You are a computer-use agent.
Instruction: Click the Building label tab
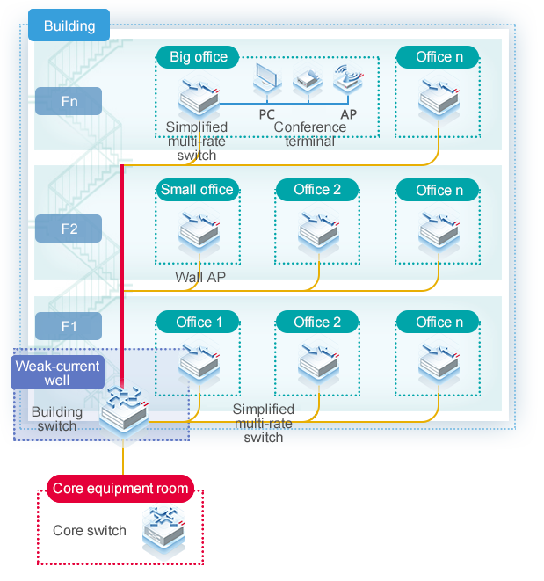[x=69, y=25]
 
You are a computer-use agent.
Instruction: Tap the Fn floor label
[x=69, y=101]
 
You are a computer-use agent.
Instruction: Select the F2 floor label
[x=69, y=229]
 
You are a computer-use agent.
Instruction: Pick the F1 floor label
[x=69, y=327]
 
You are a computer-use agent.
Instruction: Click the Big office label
[x=198, y=57]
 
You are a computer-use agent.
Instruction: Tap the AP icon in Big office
[x=346, y=80]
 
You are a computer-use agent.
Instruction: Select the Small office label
[x=197, y=190]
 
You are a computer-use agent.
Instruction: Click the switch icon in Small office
[x=198, y=230]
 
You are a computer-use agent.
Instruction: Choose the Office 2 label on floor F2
[x=317, y=190]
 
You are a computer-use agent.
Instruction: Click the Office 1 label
[x=199, y=322]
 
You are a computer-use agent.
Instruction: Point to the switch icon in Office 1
[x=199, y=362]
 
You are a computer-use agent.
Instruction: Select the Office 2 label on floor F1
[x=317, y=322]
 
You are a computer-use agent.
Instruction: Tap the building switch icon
[x=122, y=412]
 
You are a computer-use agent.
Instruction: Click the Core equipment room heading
[x=120, y=488]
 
